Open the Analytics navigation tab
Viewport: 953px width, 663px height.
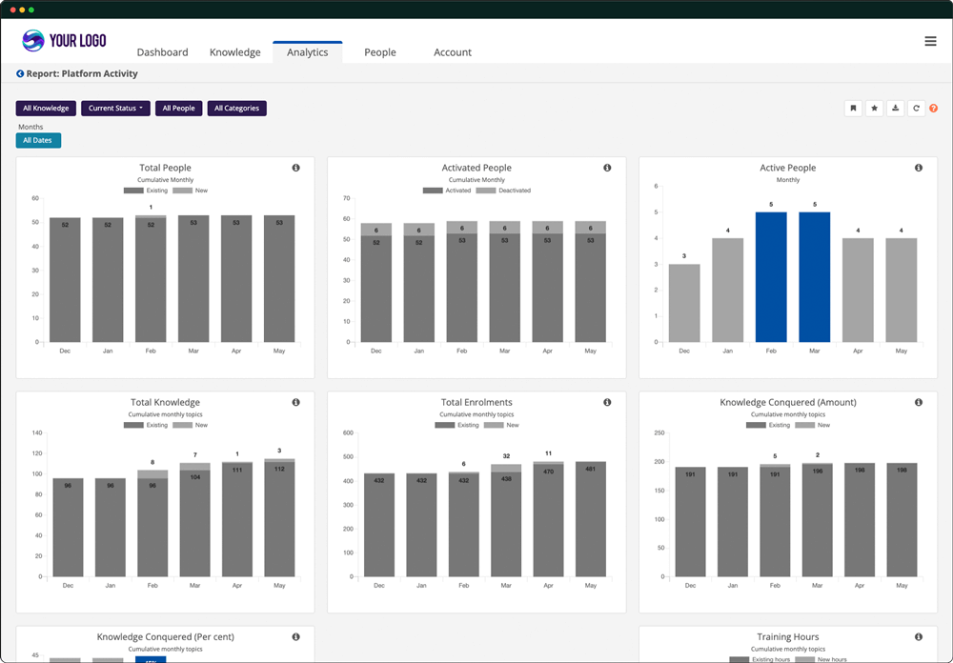click(307, 52)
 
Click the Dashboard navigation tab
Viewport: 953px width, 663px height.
click(162, 52)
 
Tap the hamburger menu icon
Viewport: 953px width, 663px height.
click(930, 41)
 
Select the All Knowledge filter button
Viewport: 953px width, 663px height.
click(46, 109)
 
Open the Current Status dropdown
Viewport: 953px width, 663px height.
click(115, 109)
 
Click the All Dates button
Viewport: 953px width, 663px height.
click(38, 141)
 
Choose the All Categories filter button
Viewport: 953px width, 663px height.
click(236, 109)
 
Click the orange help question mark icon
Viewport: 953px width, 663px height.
click(933, 109)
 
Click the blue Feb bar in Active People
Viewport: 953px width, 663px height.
click(771, 276)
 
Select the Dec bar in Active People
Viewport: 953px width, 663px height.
click(684, 303)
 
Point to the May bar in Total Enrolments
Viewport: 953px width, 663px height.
click(590, 519)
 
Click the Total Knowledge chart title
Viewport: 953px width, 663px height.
click(165, 402)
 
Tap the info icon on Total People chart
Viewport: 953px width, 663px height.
click(295, 168)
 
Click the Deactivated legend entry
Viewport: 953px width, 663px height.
click(504, 191)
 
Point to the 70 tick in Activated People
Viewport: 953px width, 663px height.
click(347, 198)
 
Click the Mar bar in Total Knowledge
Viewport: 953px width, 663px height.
click(195, 524)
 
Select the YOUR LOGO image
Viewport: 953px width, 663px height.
click(64, 41)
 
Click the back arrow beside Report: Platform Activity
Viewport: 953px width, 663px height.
click(20, 73)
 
